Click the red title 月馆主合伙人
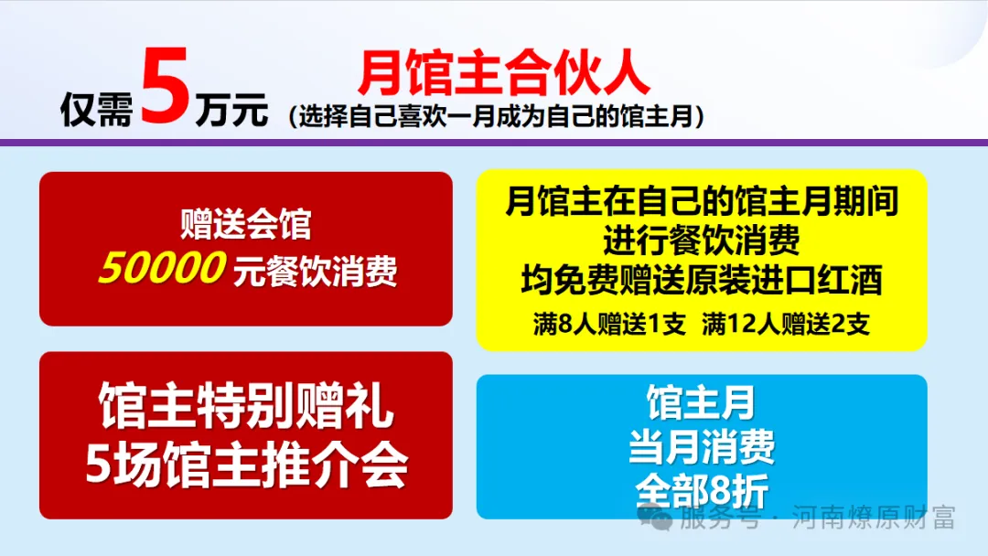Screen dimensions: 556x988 click(504, 73)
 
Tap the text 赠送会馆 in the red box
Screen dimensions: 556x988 click(245, 225)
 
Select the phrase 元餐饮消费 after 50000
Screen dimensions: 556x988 click(316, 271)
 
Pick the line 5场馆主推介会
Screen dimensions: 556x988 click(245, 465)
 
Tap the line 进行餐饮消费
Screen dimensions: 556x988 click(702, 241)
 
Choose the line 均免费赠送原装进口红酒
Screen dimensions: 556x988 click(702, 280)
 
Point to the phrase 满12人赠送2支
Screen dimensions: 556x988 click(786, 324)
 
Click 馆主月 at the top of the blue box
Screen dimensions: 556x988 click(702, 402)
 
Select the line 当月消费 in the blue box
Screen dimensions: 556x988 click(702, 447)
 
